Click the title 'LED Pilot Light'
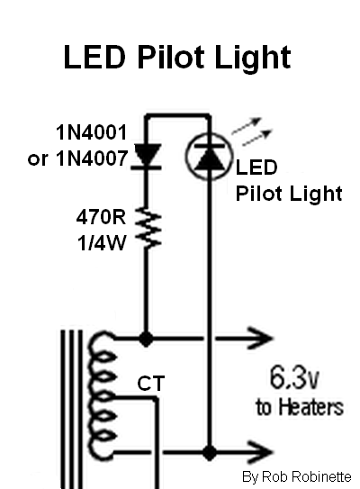[x=177, y=59]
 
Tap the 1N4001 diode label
[x=92, y=132]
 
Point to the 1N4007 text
[x=92, y=158]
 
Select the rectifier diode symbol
[x=146, y=157]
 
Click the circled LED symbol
[x=209, y=156]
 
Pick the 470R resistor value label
[x=101, y=217]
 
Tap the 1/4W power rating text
[x=102, y=243]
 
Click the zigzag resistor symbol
[x=148, y=228]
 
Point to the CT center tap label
[x=151, y=384]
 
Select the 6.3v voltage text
[x=294, y=377]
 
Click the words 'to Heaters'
[x=300, y=407]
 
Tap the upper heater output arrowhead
[x=260, y=338]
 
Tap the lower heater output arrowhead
[x=260, y=451]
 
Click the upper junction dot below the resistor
[x=146, y=339]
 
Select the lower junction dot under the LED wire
[x=210, y=452]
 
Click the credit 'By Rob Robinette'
[x=296, y=476]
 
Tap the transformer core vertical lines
[x=71, y=410]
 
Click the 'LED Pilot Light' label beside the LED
[x=289, y=180]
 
